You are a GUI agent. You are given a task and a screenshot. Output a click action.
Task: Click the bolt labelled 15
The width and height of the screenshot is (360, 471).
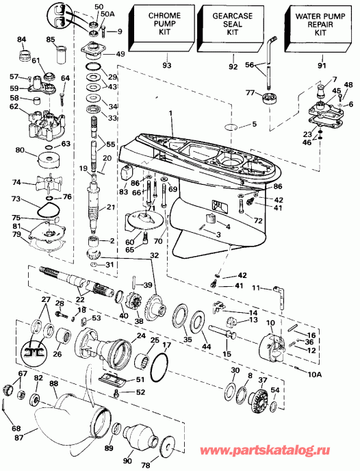pyautogui.click(x=220, y=334)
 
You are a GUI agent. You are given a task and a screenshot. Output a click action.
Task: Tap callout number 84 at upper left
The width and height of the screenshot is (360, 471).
pyautogui.click(x=21, y=38)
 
